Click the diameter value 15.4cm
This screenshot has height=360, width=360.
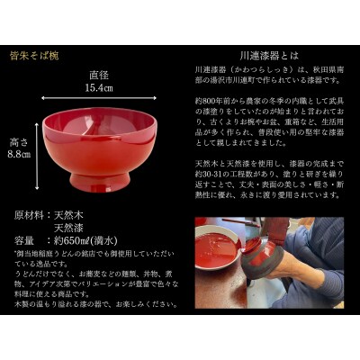pyautogui.click(x=99, y=88)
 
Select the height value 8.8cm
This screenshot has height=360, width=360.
pyautogui.click(x=20, y=154)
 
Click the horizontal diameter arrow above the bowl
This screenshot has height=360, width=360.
pyautogui.click(x=99, y=100)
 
